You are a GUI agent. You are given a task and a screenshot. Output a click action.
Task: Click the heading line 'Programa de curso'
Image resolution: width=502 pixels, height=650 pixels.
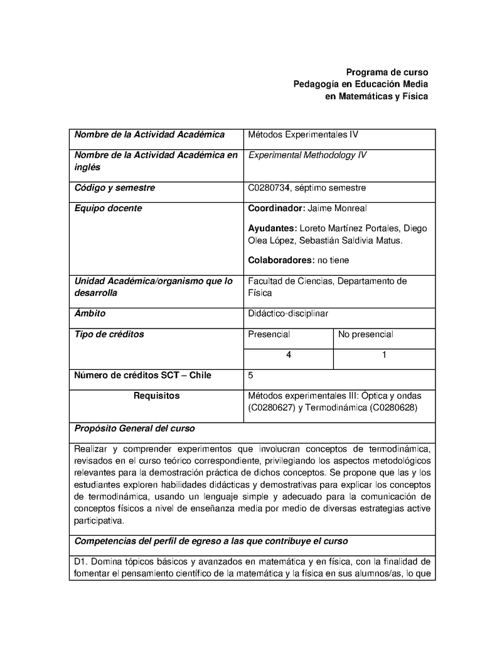pyautogui.click(x=387, y=72)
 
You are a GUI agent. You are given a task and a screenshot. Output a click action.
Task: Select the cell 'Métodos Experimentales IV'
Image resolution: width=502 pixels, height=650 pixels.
pyautogui.click(x=303, y=134)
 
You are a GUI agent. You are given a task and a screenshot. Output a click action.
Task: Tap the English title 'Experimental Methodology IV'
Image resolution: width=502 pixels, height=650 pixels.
pyautogui.click(x=307, y=155)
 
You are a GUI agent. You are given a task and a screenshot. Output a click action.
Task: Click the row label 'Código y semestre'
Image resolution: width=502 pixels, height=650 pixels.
pyautogui.click(x=115, y=188)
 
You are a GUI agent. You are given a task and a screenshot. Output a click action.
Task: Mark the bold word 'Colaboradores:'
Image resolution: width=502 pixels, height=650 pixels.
pyautogui.click(x=280, y=260)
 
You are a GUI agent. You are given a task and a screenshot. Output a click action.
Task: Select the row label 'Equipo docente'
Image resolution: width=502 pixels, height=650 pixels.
pyautogui.click(x=108, y=208)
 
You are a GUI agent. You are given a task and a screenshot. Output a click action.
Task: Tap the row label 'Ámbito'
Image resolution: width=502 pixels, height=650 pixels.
pyautogui.click(x=90, y=313)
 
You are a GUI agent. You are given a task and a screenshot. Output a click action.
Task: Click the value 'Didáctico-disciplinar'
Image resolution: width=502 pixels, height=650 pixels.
pyautogui.click(x=288, y=313)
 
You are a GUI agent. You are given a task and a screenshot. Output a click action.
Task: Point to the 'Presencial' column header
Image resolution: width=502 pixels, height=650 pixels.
pyautogui.click(x=269, y=334)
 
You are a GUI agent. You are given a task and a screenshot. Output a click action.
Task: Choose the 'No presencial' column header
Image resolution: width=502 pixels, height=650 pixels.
pyautogui.click(x=365, y=334)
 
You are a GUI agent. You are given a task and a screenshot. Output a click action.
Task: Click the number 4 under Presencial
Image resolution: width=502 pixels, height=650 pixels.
pyautogui.click(x=288, y=355)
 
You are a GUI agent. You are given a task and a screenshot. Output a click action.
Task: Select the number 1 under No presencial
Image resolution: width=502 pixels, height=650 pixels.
pyautogui.click(x=384, y=355)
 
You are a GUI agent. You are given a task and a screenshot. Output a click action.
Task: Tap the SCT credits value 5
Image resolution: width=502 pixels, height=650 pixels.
pyautogui.click(x=251, y=376)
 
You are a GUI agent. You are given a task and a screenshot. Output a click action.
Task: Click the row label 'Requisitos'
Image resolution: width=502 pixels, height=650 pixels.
pyautogui.click(x=157, y=396)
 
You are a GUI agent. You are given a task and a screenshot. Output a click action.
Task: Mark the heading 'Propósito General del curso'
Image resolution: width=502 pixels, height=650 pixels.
pyautogui.click(x=134, y=428)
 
